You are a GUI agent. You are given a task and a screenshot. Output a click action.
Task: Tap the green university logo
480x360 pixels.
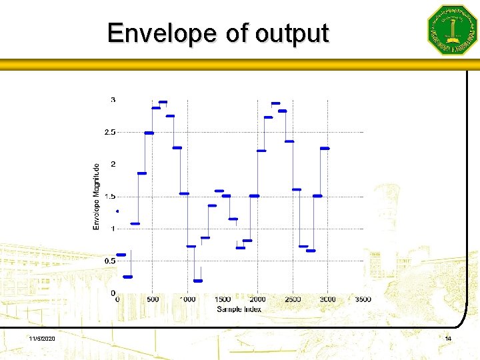coord(452,30)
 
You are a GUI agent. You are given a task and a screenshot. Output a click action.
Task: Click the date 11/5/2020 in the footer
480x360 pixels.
coord(42,340)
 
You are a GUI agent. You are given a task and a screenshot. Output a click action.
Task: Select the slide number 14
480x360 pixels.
coord(448,340)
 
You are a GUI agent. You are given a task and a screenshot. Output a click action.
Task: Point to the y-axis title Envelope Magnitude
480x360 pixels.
coord(96,197)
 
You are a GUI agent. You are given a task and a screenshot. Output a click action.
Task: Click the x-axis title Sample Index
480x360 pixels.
coord(239,309)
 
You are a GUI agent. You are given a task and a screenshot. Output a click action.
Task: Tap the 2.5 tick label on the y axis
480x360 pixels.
coord(109,132)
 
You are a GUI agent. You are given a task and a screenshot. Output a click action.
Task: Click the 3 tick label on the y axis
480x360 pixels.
coord(113,100)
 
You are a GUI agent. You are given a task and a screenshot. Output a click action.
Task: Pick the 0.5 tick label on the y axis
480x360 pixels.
coord(109,261)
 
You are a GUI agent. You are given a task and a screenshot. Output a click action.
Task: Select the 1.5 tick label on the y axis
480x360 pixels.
coord(109,197)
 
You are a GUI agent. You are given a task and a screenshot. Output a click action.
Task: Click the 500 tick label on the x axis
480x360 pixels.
coord(153,300)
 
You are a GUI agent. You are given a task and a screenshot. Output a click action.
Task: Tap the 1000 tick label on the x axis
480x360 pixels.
coord(187,300)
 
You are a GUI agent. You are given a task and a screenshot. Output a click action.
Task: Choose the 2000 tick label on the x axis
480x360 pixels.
coord(257,300)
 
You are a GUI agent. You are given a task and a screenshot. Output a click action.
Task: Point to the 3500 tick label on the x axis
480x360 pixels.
coord(363,300)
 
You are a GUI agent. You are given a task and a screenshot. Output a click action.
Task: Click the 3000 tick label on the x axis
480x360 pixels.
coord(327,300)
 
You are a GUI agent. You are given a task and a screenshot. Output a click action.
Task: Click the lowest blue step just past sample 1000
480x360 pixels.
coord(197,281)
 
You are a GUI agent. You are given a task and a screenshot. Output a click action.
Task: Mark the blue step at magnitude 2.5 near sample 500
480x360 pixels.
coord(149,133)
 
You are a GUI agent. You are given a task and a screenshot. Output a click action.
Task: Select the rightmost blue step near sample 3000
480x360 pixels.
coord(325,148)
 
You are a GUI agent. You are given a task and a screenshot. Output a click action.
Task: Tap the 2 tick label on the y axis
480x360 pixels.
coord(113,164)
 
